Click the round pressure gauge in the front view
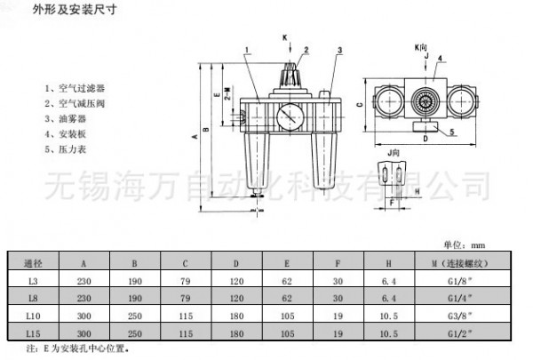[287, 116]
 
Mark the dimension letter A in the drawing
[194, 138]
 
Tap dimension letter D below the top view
[425, 139]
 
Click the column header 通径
[34, 262]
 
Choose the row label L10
[34, 316]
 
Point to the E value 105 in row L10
[287, 316]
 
